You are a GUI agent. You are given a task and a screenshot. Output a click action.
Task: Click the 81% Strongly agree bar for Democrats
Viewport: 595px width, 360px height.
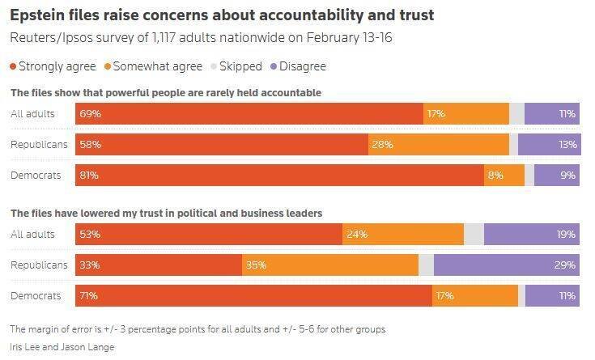[279, 175]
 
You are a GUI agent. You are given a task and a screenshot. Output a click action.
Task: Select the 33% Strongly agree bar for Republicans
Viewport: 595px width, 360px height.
[159, 265]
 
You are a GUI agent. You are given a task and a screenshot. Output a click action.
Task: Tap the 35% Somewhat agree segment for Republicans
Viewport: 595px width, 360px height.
[330, 265]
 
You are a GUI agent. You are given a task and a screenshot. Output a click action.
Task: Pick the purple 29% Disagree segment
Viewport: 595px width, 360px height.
[507, 265]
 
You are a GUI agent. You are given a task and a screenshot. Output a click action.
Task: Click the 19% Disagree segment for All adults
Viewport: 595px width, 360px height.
[532, 235]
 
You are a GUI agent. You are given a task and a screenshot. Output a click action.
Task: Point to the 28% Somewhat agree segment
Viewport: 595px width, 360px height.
[439, 145]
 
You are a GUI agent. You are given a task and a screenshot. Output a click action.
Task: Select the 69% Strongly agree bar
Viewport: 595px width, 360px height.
[249, 114]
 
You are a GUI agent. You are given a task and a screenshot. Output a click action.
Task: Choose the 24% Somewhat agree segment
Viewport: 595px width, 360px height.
[403, 235]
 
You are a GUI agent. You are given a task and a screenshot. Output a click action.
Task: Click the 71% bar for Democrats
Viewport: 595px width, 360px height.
[253, 296]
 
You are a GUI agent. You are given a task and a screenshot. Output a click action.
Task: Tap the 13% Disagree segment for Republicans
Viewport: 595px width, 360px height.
[549, 145]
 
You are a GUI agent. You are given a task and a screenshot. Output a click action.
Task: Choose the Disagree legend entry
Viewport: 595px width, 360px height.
[299, 66]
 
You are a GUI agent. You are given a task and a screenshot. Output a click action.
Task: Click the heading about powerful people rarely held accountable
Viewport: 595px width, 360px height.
[165, 93]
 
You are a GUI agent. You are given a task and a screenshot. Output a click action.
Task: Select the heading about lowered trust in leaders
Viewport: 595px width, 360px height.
[166, 214]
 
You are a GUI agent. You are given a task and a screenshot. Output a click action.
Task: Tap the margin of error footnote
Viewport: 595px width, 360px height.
[197, 329]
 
